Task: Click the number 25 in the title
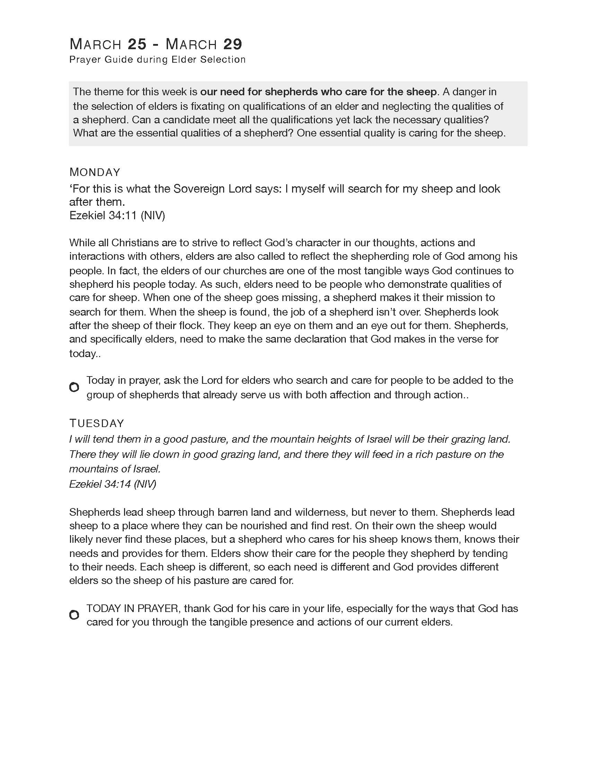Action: pyautogui.click(x=137, y=44)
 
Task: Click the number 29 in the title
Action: pyautogui.click(x=232, y=44)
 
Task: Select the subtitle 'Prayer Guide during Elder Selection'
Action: pyautogui.click(x=157, y=60)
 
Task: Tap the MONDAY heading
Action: pyautogui.click(x=95, y=172)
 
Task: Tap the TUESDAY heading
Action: pyautogui.click(x=97, y=423)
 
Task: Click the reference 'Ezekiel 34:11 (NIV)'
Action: pyautogui.click(x=117, y=215)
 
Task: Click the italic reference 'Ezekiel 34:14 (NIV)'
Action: pyautogui.click(x=112, y=484)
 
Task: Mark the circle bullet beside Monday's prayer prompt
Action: pyautogui.click(x=74, y=387)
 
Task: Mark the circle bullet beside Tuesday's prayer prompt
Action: pyautogui.click(x=74, y=615)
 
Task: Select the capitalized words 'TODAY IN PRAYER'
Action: pyautogui.click(x=133, y=608)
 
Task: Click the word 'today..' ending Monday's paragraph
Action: pyautogui.click(x=85, y=353)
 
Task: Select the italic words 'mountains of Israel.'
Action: pyautogui.click(x=115, y=469)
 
